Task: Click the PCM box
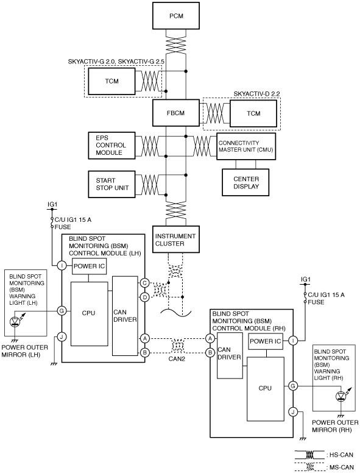(x=176, y=16)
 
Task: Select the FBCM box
(x=176, y=113)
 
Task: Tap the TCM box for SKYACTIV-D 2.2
(x=253, y=113)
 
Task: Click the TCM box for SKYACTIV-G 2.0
(x=111, y=81)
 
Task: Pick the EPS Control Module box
(x=111, y=145)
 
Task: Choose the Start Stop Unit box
(x=111, y=184)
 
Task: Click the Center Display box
(x=245, y=182)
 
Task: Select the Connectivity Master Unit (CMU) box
(x=246, y=146)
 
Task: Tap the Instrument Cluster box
(x=176, y=239)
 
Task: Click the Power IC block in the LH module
(x=90, y=266)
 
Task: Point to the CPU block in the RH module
(x=266, y=389)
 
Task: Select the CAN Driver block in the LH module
(x=125, y=316)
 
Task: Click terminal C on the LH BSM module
(x=145, y=283)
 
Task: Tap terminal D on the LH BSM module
(x=145, y=297)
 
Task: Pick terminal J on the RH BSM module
(x=293, y=412)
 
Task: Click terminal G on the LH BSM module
(x=62, y=311)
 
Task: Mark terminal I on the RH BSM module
(x=293, y=341)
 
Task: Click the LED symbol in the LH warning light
(x=15, y=322)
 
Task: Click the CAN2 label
(x=177, y=359)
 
